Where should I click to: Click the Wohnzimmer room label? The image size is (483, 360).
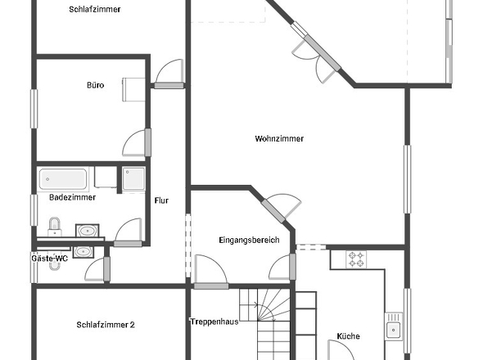[279, 138]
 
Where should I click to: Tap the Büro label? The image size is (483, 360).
[96, 85]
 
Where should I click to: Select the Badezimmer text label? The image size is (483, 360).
[72, 197]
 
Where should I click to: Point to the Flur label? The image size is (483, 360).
[161, 200]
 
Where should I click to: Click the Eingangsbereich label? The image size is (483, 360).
[249, 240]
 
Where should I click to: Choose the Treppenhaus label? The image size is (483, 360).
[214, 322]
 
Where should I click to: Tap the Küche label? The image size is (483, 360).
[349, 336]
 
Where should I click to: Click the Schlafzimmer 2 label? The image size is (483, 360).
[106, 325]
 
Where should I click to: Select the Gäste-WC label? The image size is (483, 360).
[50, 259]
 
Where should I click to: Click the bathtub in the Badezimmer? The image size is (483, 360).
[63, 179]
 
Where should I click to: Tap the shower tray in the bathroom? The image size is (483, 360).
[133, 179]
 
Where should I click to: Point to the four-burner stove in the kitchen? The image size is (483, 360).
[356, 259]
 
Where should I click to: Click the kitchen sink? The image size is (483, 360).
[394, 326]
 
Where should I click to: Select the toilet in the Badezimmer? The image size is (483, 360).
[55, 227]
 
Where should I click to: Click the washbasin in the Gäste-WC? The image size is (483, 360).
[83, 252]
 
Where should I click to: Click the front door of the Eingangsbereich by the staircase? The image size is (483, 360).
[211, 286]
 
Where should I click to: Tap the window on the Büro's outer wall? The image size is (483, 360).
[34, 109]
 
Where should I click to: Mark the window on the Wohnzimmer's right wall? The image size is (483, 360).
[407, 179]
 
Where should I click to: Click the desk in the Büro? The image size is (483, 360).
[133, 90]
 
